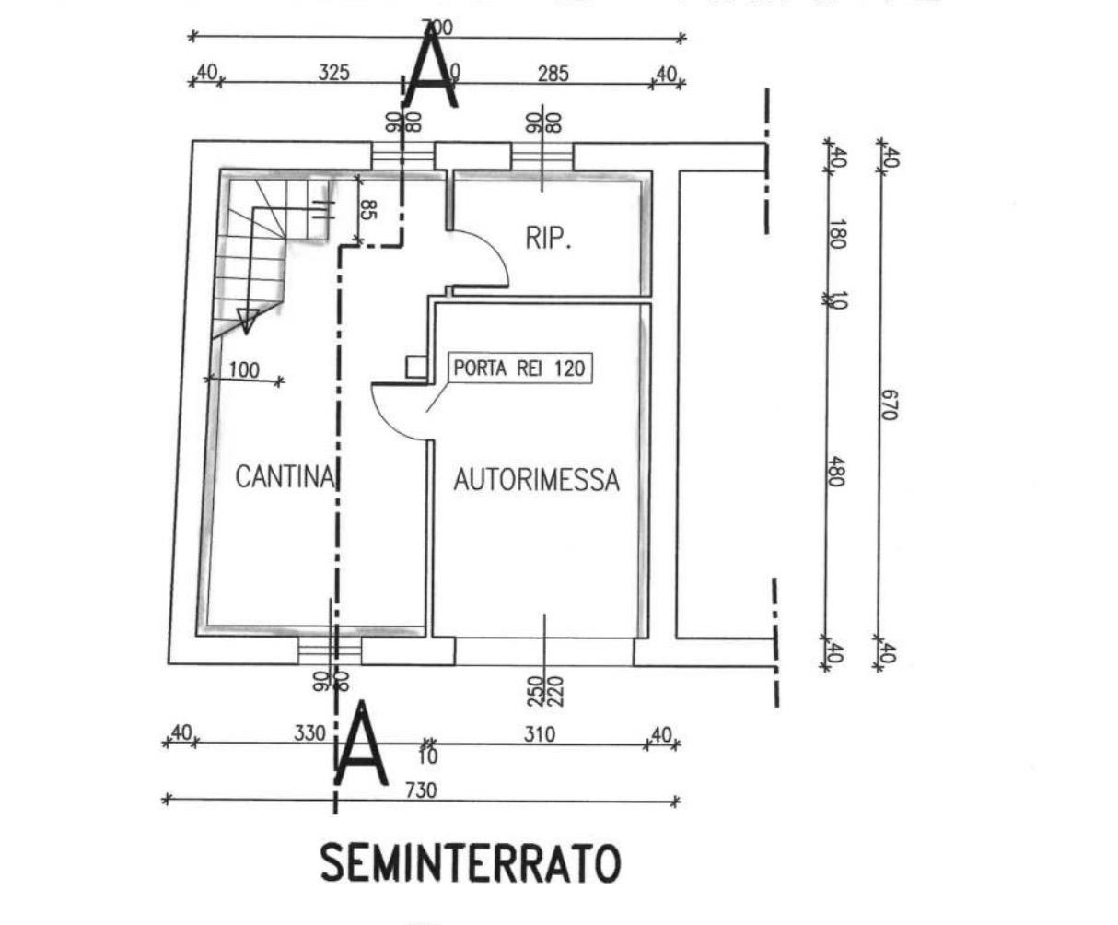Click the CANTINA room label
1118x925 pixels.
click(284, 477)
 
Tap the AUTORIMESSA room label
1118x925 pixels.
click(536, 480)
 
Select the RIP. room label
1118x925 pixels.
click(549, 239)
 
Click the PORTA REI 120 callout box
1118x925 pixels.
click(518, 369)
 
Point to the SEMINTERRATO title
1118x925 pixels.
click(470, 864)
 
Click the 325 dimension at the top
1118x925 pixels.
click(333, 72)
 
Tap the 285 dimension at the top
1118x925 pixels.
click(553, 73)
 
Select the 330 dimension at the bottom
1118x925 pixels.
click(309, 733)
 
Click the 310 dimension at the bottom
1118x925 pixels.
click(540, 734)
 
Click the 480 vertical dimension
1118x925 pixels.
click(836, 472)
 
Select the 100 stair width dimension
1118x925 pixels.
click(243, 370)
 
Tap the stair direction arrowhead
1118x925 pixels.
click(247, 320)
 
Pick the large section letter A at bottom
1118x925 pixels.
click(360, 744)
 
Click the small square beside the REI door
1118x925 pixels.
click(416, 368)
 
